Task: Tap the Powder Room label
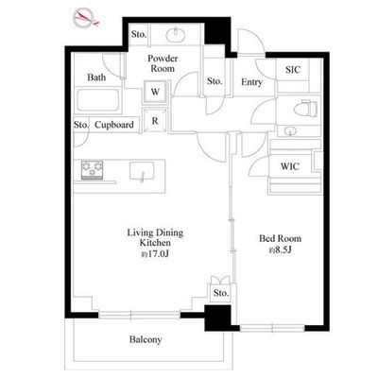(163, 63)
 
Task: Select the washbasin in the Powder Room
(176, 35)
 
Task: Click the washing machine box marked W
(155, 92)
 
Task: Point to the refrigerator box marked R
(155, 121)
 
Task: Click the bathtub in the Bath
(98, 100)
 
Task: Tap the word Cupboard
(114, 125)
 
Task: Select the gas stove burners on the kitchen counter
(93, 170)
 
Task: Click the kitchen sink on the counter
(142, 171)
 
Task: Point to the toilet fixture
(305, 109)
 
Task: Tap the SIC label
(293, 70)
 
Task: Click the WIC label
(290, 166)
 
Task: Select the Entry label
(251, 82)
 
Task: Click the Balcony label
(146, 339)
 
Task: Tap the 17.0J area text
(155, 254)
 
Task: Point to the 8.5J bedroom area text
(280, 250)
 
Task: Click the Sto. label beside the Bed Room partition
(221, 293)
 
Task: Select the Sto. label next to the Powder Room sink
(139, 34)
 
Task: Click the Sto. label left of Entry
(215, 81)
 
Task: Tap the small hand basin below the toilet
(289, 131)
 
